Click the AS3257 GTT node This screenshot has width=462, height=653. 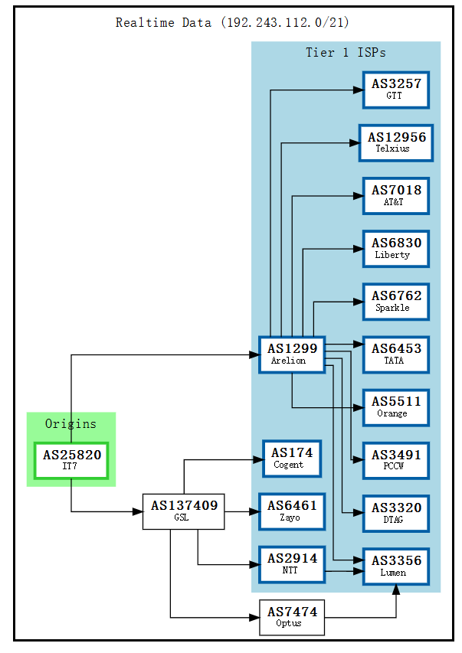pyautogui.click(x=395, y=90)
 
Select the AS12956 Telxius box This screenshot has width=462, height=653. pyautogui.click(x=395, y=142)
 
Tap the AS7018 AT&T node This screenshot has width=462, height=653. pyautogui.click(x=395, y=195)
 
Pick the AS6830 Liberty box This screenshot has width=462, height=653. pyautogui.click(x=395, y=249)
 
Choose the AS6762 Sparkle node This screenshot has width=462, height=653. pyautogui.click(x=395, y=302)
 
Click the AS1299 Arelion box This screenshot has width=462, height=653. pyautogui.click(x=292, y=354)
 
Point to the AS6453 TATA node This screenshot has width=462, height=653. pyautogui.click(x=395, y=354)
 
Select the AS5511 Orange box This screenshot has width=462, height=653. pyautogui.click(x=395, y=407)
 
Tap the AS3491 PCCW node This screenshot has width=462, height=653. pyautogui.click(x=395, y=460)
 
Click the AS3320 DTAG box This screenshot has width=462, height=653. pyautogui.click(x=395, y=513)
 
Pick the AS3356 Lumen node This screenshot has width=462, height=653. pyautogui.click(x=395, y=566)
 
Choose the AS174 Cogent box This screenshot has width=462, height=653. pyautogui.click(x=292, y=459)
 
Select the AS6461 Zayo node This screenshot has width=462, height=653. pyautogui.click(x=292, y=511)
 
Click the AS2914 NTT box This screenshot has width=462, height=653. pyautogui.click(x=292, y=564)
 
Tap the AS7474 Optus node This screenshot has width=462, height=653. pyautogui.click(x=291, y=617)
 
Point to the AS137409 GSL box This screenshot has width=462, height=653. pyautogui.click(x=183, y=511)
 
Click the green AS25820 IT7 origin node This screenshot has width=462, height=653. pyautogui.click(x=71, y=460)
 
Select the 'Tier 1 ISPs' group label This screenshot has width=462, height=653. pyautogui.click(x=346, y=53)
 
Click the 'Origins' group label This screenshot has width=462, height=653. pyautogui.click(x=70, y=423)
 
